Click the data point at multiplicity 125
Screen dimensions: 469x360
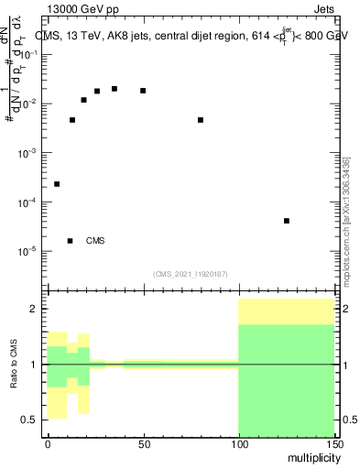pos(287,221)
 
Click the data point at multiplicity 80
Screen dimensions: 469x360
pos(201,120)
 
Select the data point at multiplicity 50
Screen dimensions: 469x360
pos(143,91)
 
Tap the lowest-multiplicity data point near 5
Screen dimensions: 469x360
pos(57,184)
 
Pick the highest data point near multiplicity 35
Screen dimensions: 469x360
pos(115,89)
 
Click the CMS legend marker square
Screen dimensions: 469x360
pos(71,241)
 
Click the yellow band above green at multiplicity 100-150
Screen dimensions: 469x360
pos(286,311)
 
